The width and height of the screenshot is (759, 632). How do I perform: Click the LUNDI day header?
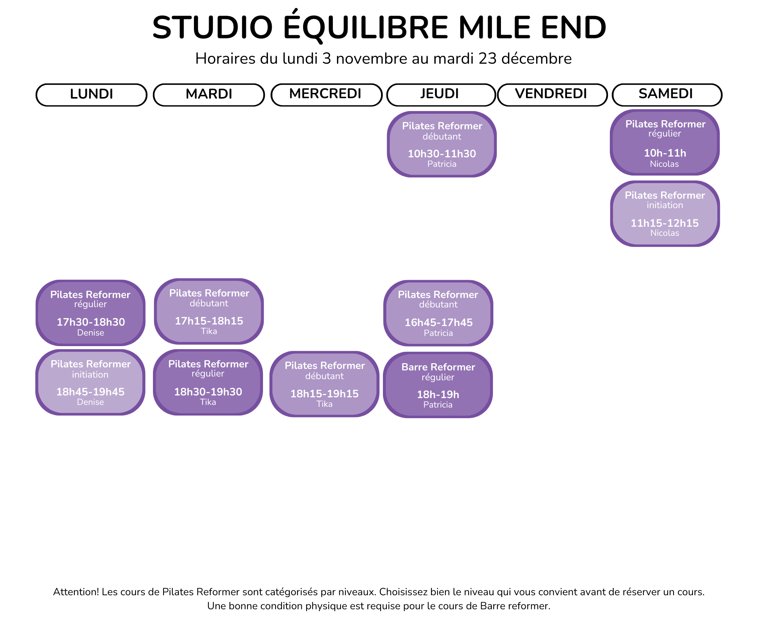91,94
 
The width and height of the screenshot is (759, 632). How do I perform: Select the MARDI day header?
209,94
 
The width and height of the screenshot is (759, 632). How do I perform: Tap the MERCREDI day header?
326,94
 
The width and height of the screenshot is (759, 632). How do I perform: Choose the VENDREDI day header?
551,94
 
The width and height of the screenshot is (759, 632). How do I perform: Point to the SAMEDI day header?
666,94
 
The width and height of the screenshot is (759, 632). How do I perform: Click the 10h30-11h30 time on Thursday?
442,154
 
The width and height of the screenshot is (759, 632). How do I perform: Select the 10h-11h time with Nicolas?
665,153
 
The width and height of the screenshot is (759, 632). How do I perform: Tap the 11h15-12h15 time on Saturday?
665,223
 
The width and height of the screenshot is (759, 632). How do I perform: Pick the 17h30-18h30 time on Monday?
91,322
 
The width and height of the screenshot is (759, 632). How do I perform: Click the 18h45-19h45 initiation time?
90,392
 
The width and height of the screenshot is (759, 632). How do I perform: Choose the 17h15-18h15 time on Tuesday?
209,321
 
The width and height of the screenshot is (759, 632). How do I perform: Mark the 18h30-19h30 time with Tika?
208,392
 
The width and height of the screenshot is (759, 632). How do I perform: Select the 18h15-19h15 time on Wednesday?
324,394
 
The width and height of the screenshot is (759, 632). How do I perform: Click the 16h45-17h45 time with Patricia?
438,323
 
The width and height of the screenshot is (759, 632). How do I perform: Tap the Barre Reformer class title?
438,367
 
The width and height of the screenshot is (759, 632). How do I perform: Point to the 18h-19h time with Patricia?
438,395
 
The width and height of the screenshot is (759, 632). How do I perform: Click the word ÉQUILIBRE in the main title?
366,28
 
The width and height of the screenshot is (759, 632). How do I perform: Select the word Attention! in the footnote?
76,592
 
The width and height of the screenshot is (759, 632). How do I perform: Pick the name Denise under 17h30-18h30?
90,333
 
